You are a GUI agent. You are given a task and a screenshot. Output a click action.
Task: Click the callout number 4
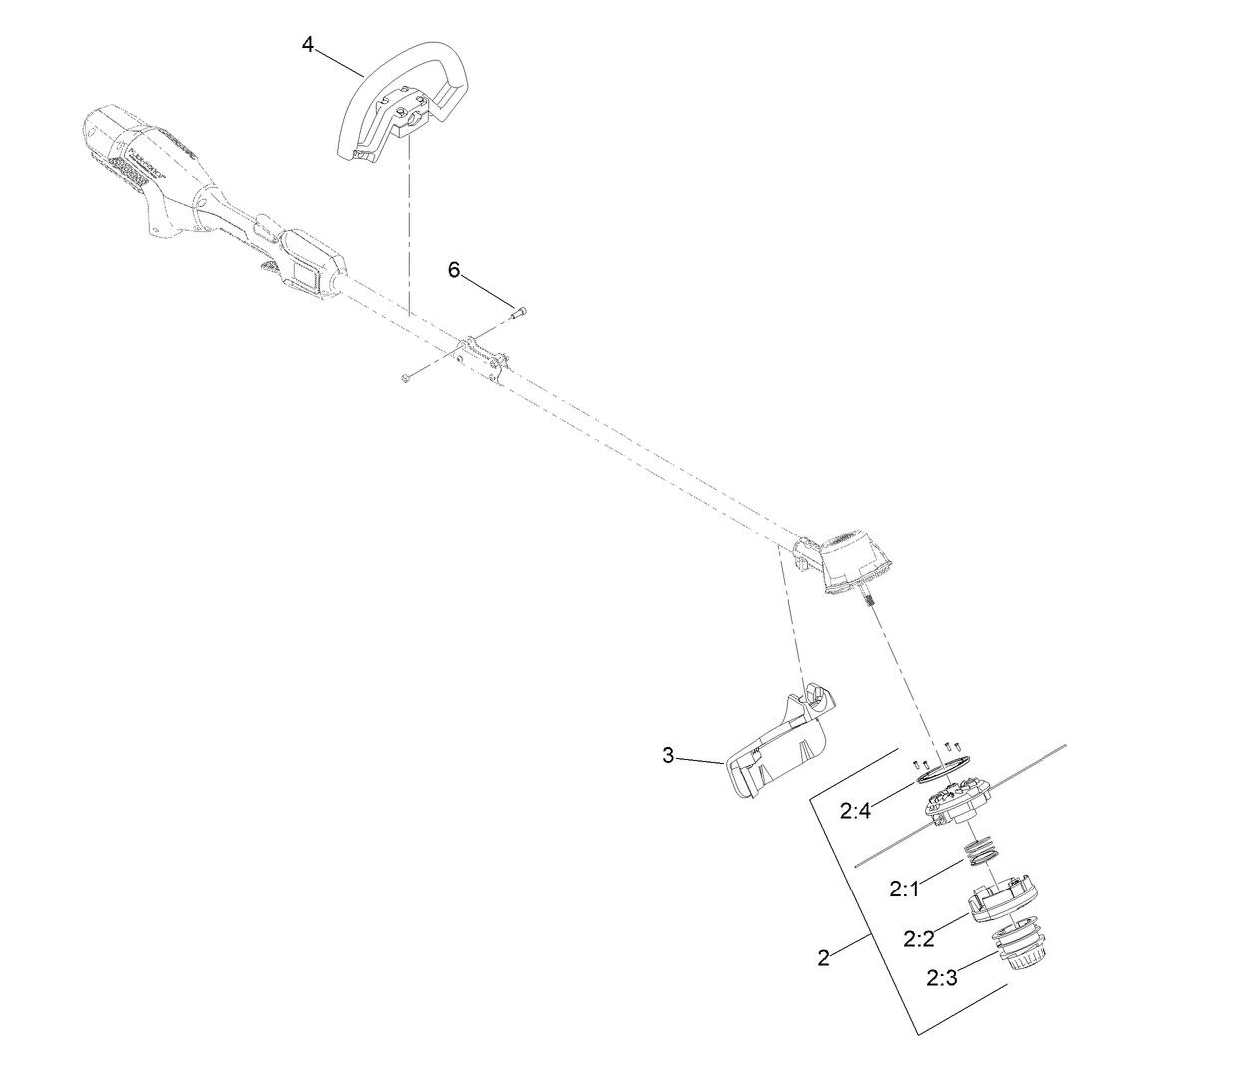pos(308,44)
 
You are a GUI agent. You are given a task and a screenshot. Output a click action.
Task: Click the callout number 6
pos(454,270)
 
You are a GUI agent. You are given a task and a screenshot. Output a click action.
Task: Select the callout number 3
pos(668,755)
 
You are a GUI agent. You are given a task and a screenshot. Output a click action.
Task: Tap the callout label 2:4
pos(856,811)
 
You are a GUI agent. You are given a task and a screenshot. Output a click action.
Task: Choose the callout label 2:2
pos(918,938)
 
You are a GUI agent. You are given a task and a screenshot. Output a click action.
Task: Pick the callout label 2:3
pos(941,978)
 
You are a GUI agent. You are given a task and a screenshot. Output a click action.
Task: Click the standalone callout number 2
pos(823,959)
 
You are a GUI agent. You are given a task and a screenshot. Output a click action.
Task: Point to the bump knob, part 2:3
pos(1022,947)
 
